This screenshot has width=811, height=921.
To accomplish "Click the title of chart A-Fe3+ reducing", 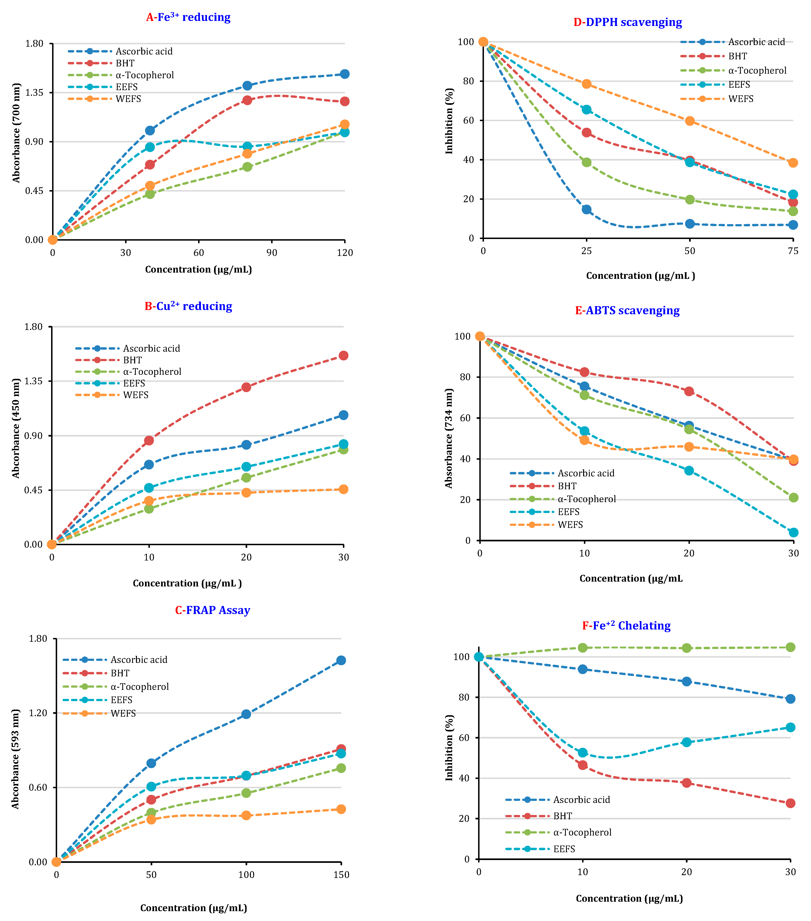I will point(188,17).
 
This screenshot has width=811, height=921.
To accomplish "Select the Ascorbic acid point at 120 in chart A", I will point(345,74).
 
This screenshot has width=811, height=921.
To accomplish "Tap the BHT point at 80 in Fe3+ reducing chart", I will point(247,100).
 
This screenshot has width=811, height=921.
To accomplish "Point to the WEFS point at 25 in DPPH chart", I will point(586,84).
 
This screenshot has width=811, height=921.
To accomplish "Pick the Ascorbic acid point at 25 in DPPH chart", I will point(586,209).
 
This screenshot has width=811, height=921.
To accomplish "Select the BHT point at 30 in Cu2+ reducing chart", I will point(343,355).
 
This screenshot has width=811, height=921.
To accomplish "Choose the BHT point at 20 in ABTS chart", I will point(689,391).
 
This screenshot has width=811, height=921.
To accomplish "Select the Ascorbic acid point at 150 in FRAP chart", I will point(341,660).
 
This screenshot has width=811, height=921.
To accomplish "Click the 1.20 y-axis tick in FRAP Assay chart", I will point(38,713).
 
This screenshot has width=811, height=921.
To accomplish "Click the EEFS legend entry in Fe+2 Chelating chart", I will point(564,849).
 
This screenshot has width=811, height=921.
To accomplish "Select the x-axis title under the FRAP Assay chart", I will point(194,908).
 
